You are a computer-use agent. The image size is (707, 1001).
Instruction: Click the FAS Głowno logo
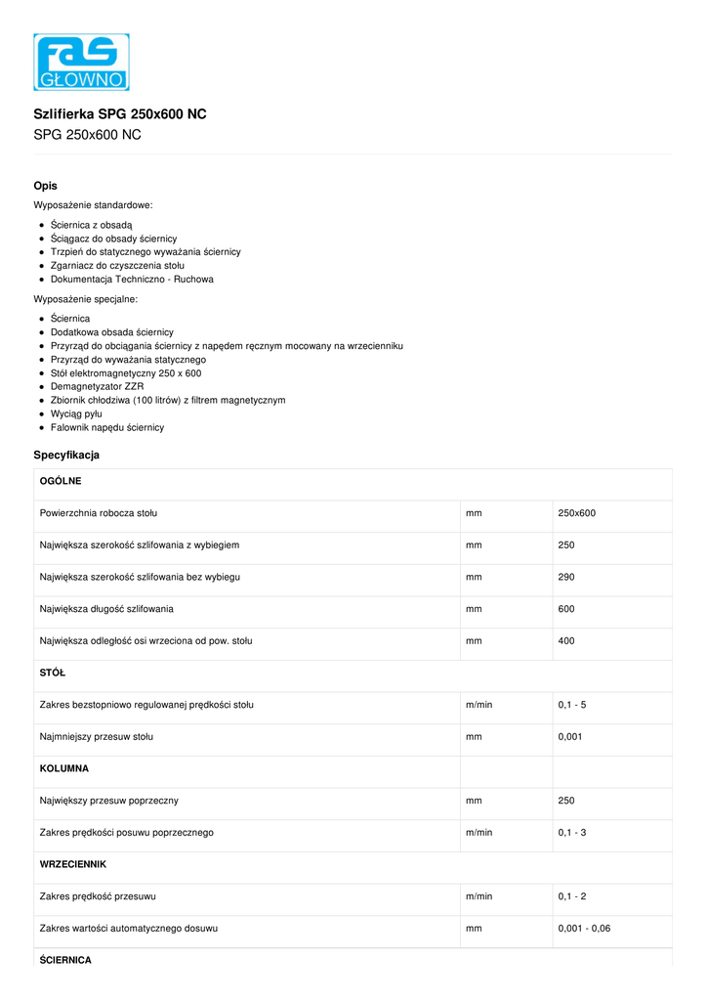coord(81,63)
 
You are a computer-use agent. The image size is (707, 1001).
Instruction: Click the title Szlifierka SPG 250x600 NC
coord(120,114)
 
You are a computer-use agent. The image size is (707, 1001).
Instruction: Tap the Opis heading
coord(45,186)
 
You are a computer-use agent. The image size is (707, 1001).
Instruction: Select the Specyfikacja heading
coord(66,456)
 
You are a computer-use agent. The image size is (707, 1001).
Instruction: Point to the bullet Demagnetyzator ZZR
coord(97,387)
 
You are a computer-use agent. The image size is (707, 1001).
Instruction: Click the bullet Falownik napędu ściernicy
coord(107,428)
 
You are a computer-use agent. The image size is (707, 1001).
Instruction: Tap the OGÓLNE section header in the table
coord(61,482)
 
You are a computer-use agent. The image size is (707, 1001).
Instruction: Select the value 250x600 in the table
coord(576,513)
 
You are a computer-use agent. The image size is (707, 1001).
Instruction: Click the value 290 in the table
coord(566,577)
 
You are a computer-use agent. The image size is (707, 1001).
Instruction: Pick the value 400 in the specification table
coord(566,641)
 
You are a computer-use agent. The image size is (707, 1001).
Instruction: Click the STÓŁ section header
coord(53,674)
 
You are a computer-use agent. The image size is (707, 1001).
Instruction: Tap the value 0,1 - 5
coord(572,705)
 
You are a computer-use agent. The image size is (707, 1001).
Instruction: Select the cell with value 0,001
coord(570,737)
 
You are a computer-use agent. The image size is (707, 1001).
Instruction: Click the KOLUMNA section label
coord(64,769)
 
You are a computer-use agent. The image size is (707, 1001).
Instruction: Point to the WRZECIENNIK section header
coord(73,865)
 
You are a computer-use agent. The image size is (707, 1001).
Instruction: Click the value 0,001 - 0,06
coord(584,929)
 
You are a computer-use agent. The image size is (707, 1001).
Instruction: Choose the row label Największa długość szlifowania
coord(106,609)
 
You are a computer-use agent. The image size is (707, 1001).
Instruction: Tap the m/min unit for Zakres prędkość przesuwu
coord(478,896)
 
